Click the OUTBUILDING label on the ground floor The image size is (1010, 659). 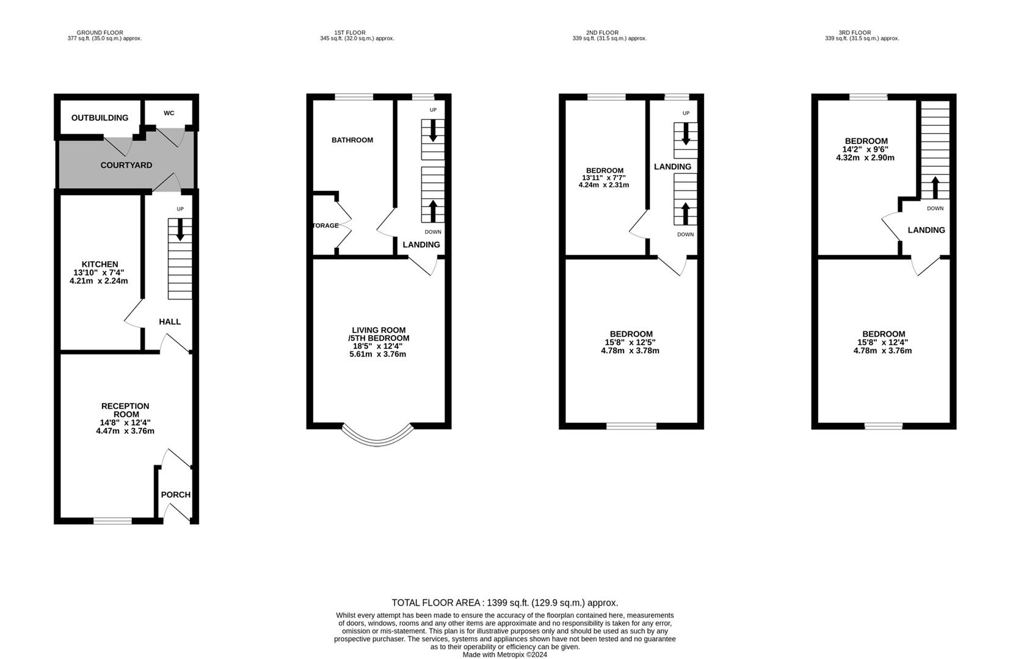click(100, 118)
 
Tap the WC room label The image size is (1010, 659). click(169, 113)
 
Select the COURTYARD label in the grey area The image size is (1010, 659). click(126, 165)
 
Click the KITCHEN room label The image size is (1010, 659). click(100, 264)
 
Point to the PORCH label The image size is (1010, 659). click(176, 495)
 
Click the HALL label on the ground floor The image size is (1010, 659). click(170, 322)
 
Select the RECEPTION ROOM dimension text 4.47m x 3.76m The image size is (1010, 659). click(125, 431)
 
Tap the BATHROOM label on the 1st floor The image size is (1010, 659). click(352, 140)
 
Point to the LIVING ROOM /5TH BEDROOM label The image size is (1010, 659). click(379, 334)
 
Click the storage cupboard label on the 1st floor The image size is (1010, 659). click(325, 226)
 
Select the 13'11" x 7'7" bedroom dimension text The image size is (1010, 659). click(604, 178)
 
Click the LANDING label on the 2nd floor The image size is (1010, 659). click(672, 167)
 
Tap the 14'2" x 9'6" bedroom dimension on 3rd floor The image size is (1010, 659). click(865, 149)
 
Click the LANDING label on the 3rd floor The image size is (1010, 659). click(926, 230)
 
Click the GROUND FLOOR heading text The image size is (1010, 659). click(100, 33)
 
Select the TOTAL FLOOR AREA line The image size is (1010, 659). click(504, 603)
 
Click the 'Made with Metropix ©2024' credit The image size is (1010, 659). click(504, 655)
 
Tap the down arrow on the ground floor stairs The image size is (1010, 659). click(180, 230)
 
